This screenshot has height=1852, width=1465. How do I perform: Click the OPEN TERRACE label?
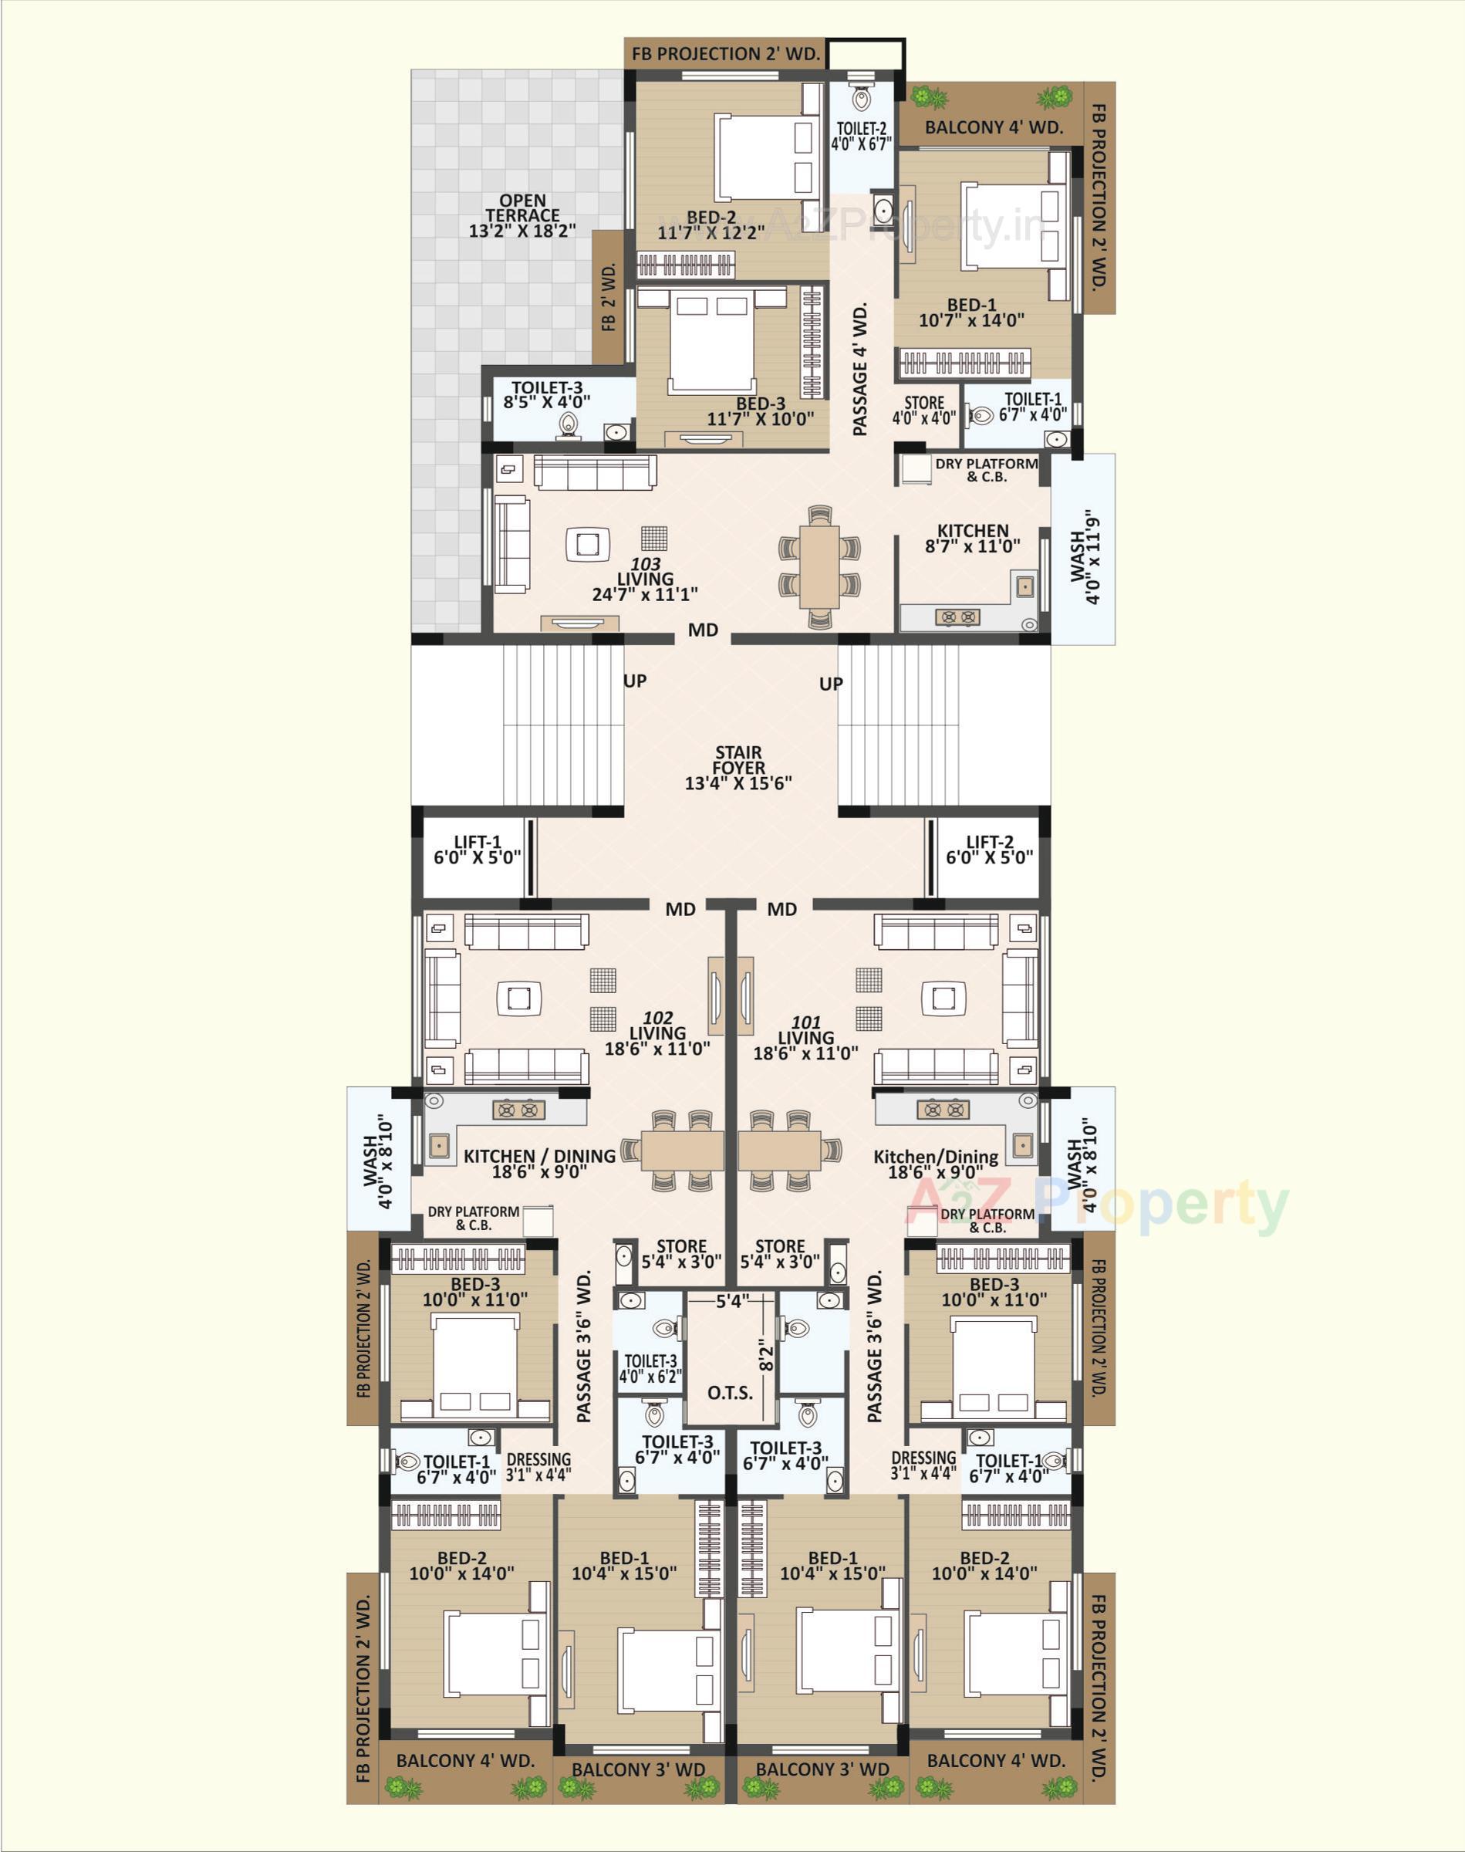click(522, 215)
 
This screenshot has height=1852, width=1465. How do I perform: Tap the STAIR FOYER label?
click(738, 768)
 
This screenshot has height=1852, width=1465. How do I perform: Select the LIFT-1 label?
click(477, 850)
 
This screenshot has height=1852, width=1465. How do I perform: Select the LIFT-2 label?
click(989, 850)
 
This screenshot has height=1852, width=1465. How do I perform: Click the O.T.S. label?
click(730, 1391)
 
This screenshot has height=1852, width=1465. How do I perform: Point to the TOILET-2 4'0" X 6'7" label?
click(861, 137)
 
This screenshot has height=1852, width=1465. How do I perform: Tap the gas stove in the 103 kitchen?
click(957, 616)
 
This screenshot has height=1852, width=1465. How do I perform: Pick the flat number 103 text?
click(645, 563)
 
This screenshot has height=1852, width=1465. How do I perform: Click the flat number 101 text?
click(805, 1022)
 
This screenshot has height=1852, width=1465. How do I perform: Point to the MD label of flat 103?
click(703, 630)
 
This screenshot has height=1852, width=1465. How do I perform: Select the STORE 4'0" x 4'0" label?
click(923, 410)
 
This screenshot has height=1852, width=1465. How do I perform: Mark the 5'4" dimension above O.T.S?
click(733, 1301)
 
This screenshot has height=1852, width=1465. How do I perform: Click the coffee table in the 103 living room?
click(588, 544)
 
